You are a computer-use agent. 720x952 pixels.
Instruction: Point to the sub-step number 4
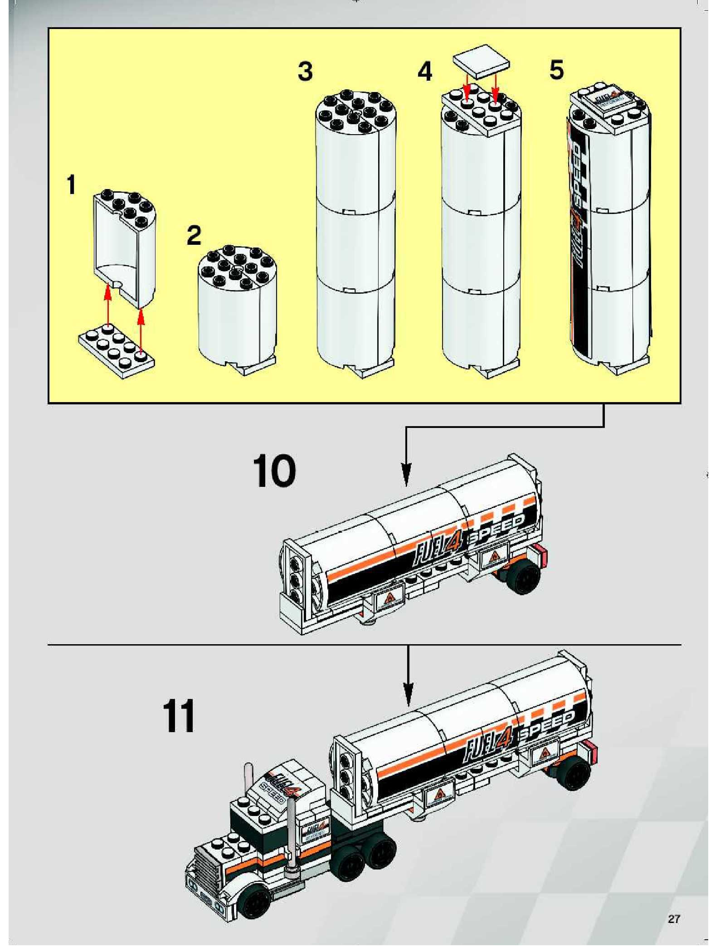[425, 71]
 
